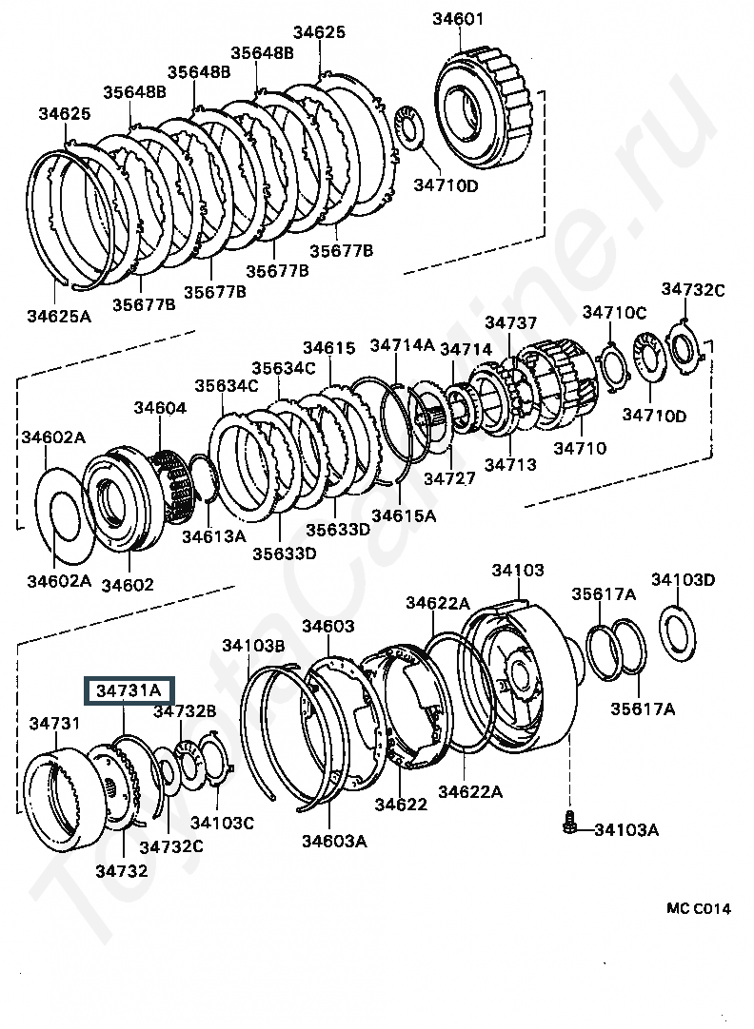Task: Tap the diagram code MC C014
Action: point(698,908)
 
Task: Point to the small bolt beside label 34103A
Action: point(569,823)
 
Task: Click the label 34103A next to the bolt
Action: point(625,830)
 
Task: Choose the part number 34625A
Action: point(59,316)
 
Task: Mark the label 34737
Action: point(511,323)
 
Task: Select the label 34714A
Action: point(402,345)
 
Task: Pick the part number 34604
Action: point(159,408)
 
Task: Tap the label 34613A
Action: point(213,536)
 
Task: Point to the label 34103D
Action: point(683,580)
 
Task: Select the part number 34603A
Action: point(334,841)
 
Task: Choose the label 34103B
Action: point(254,646)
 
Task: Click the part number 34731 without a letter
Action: point(54,724)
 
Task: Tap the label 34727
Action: point(449,478)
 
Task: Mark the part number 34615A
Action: point(404,514)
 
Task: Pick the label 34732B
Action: point(186,710)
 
